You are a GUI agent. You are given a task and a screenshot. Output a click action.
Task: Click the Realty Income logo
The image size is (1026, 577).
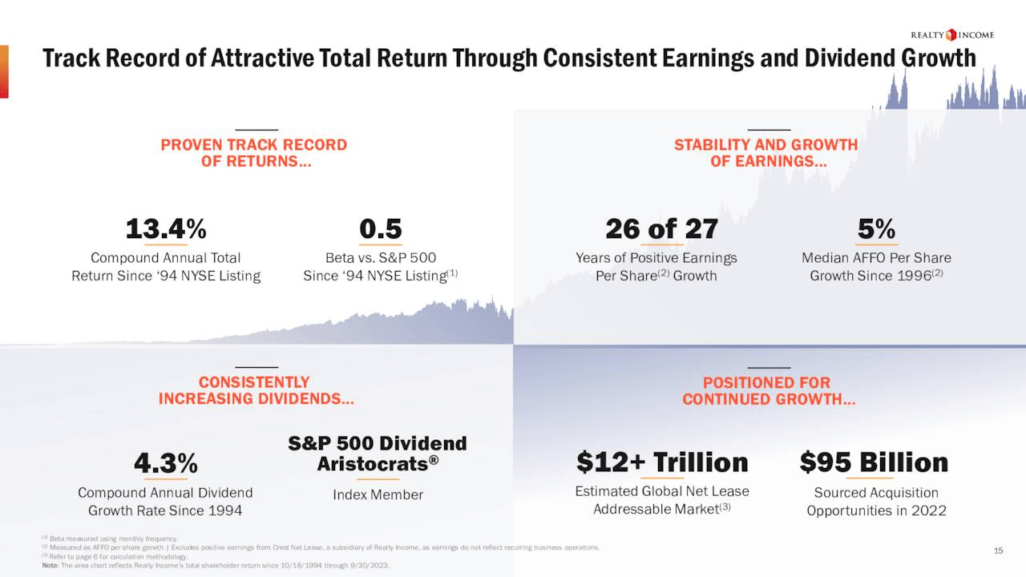point(952,34)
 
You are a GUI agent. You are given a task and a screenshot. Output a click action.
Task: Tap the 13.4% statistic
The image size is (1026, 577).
point(166,229)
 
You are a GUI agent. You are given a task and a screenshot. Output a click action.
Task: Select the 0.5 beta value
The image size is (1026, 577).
point(381,229)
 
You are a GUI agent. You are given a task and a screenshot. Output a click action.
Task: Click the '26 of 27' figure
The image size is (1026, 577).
point(661,229)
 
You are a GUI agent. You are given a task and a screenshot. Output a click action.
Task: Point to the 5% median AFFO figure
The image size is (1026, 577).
point(876,229)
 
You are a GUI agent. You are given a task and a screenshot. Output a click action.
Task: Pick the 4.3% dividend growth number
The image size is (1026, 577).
point(166,463)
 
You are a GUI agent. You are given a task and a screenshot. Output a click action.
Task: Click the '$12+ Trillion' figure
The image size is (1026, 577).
point(662,462)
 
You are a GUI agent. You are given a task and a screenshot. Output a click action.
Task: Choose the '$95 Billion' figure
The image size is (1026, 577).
point(874,462)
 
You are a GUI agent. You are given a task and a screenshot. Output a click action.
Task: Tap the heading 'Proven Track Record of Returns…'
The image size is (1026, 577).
point(254,153)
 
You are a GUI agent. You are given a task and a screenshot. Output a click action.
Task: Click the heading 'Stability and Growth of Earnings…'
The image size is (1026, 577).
point(766,153)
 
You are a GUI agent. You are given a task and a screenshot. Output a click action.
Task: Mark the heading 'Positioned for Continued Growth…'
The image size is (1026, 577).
point(769,390)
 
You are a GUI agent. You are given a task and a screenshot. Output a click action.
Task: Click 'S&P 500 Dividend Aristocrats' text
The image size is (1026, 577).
point(378,454)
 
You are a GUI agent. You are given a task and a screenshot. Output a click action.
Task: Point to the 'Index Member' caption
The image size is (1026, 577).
point(378,494)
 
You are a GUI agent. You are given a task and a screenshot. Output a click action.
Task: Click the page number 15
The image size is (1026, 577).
point(998,551)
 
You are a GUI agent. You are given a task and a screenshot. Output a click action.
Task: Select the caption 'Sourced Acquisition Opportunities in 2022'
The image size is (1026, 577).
point(876,502)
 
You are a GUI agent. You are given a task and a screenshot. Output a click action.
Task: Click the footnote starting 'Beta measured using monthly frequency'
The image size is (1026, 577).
point(112,539)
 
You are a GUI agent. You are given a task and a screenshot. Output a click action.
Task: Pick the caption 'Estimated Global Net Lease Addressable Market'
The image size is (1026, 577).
point(662,500)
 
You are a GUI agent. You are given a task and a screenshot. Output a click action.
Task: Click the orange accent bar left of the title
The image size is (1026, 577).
point(4,71)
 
